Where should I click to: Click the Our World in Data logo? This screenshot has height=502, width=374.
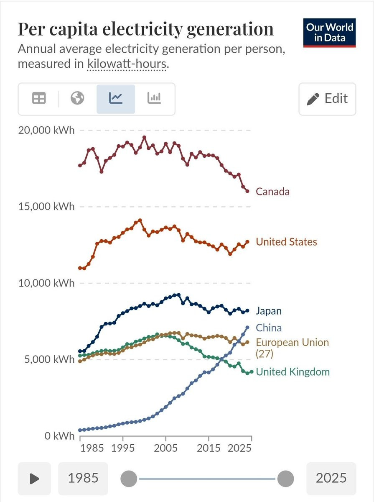click(x=329, y=33)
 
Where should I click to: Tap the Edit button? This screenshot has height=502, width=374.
click(x=327, y=99)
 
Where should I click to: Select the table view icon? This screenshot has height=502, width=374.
click(x=39, y=98)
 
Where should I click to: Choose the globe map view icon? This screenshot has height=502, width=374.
click(x=77, y=98)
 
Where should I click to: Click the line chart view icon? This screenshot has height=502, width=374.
click(x=116, y=99)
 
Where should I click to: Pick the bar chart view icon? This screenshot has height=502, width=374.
click(x=154, y=98)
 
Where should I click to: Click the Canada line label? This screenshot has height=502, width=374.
click(x=272, y=192)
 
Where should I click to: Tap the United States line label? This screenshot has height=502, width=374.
click(x=286, y=242)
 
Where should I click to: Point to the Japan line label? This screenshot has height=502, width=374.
click(x=269, y=311)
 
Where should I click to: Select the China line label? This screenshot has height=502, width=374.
click(x=269, y=328)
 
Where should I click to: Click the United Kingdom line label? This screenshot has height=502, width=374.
click(x=293, y=371)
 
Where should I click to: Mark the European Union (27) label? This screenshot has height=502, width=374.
click(x=293, y=348)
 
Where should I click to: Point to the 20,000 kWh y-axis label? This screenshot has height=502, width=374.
click(x=46, y=130)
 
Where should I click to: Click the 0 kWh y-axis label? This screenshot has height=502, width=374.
click(x=59, y=436)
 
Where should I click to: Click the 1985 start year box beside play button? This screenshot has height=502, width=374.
click(x=83, y=478)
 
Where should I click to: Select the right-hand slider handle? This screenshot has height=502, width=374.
click(x=285, y=479)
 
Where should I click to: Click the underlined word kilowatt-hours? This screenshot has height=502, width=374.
click(x=127, y=64)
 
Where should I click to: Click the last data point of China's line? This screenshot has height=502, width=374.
click(x=247, y=328)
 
